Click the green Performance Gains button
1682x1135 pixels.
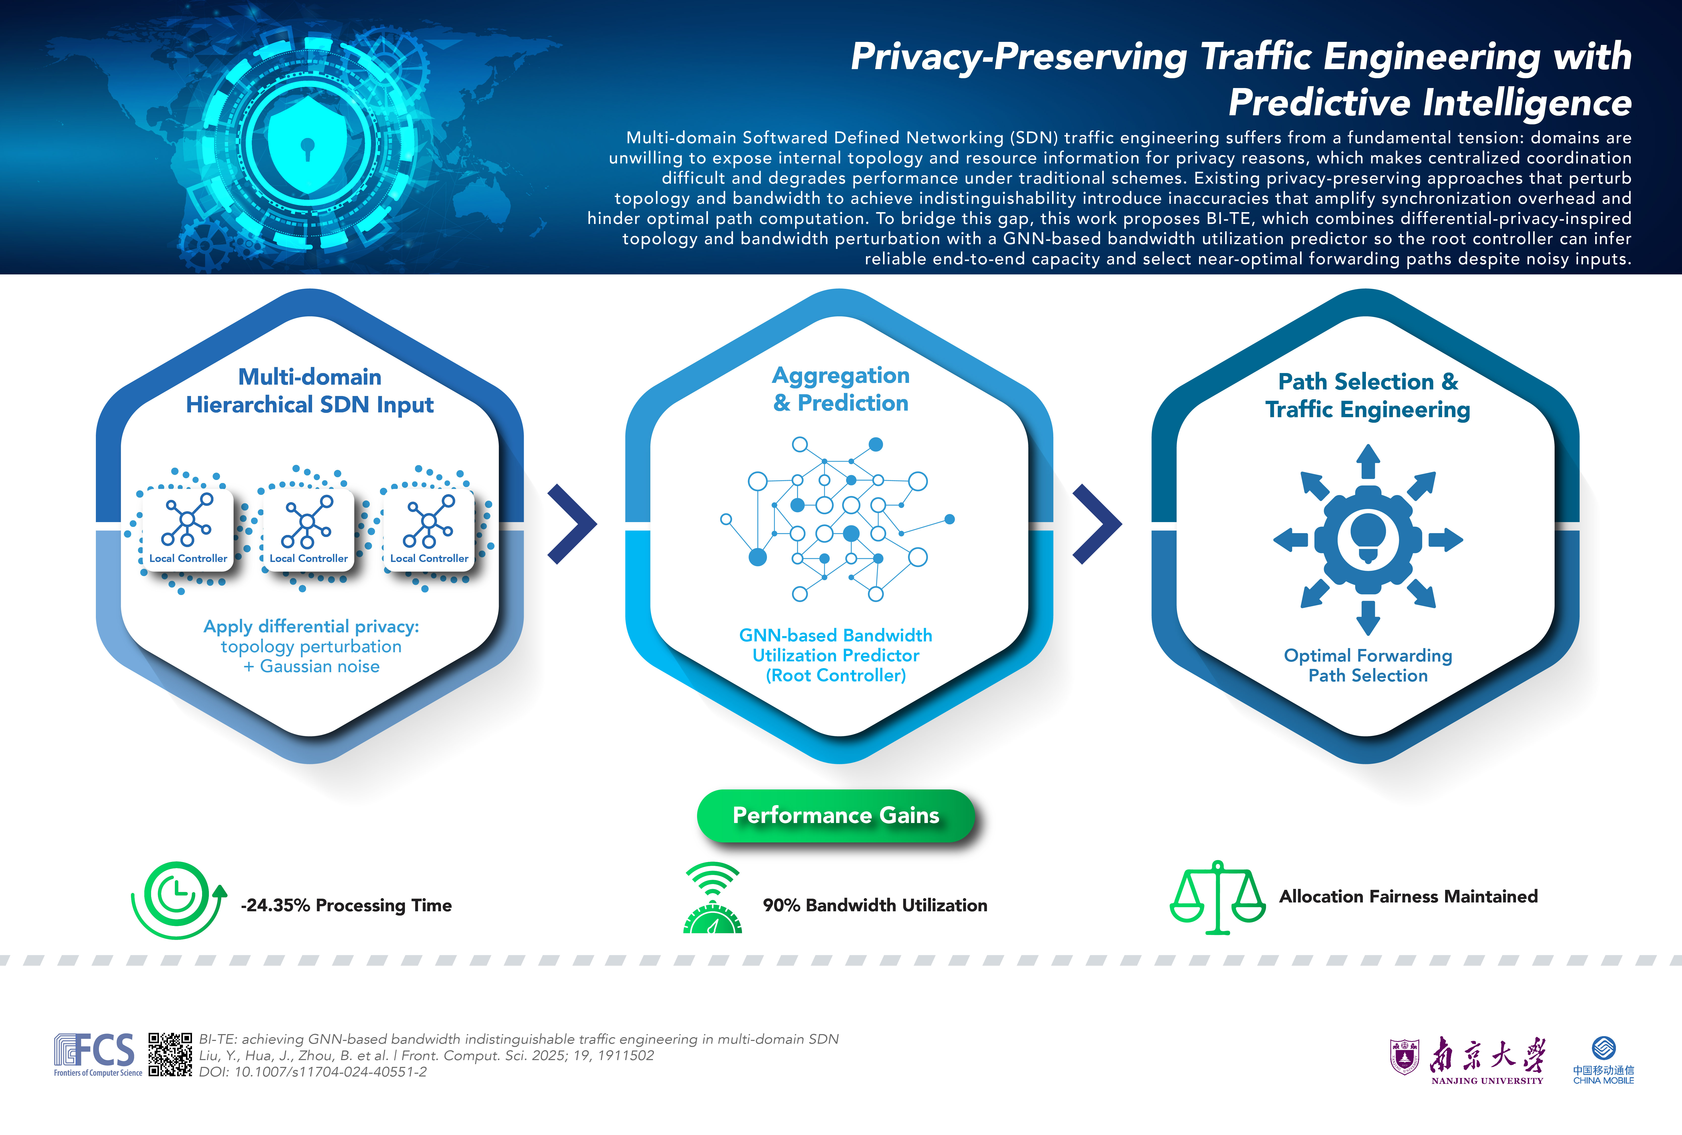click(x=836, y=815)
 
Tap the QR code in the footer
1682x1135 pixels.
click(x=170, y=1055)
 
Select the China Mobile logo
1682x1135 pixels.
click(x=1603, y=1061)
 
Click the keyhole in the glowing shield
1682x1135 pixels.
click(x=308, y=148)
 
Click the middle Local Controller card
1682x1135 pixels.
click(x=308, y=530)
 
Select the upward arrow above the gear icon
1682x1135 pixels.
click(x=1368, y=461)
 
